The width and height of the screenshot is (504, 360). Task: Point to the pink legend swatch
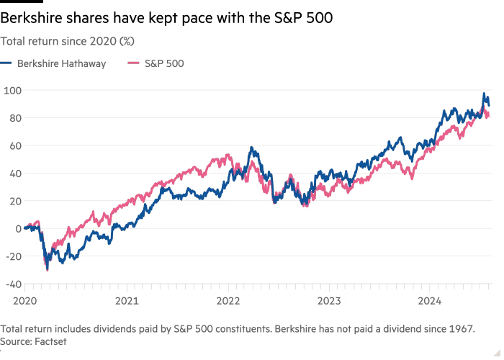pos(132,64)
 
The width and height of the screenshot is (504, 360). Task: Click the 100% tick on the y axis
pos(13,91)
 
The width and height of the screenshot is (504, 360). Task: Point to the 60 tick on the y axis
pos(14,145)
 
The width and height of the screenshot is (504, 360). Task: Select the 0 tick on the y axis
pos(18,228)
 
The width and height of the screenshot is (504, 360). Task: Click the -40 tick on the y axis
pos(14,283)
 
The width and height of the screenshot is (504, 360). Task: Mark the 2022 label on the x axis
pos(227,297)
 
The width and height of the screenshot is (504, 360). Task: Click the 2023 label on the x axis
pos(329,297)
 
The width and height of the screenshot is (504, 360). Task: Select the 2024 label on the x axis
pos(431,297)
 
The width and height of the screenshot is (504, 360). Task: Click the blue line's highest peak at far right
pos(485,94)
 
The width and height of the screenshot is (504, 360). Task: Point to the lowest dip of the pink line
pos(48,270)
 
